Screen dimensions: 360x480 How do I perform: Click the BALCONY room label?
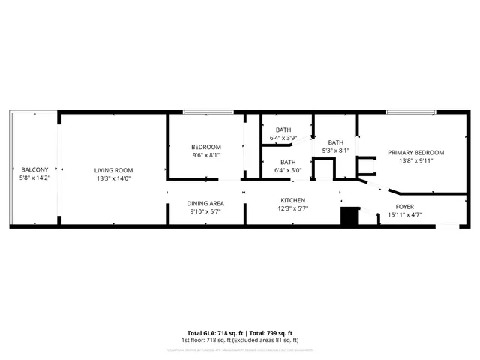[x=34, y=169]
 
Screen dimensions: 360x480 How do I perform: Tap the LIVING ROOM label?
[x=113, y=169]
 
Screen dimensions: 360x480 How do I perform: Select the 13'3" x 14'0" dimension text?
[x=113, y=178]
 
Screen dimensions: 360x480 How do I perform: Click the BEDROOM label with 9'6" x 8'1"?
[x=205, y=147]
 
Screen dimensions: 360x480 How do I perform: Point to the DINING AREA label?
[x=205, y=203]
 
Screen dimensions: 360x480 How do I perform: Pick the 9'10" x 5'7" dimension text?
[x=205, y=212]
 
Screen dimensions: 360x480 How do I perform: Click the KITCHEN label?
[x=292, y=200]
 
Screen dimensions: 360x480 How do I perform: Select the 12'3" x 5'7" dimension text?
[x=292, y=209]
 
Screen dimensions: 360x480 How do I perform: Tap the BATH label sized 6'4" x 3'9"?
[x=283, y=130]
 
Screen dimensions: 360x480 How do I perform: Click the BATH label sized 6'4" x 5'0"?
[x=288, y=162]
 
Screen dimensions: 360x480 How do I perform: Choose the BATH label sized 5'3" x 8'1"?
[x=335, y=142]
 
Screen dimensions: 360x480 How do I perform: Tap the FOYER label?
[x=405, y=206]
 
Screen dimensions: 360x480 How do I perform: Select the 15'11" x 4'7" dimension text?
[x=405, y=215]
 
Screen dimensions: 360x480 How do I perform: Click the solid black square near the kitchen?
[x=349, y=216]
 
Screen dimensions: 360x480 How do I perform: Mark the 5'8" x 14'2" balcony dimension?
[x=34, y=178]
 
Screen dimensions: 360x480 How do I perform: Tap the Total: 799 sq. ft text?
[x=271, y=332]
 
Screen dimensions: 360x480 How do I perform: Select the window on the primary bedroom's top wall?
[x=410, y=113]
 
